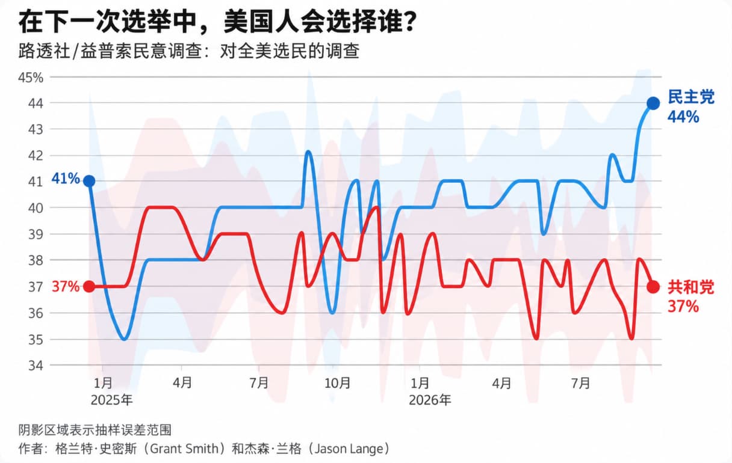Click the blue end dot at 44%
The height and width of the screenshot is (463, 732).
653,103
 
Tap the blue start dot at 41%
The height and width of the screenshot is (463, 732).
89,181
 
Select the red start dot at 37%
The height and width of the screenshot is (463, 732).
89,287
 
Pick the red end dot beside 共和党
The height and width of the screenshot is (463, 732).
653,287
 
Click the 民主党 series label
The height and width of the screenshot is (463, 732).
691,97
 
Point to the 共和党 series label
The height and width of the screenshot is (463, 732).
691,287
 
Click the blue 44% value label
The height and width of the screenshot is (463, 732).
683,117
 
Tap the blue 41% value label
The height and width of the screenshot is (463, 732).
66,179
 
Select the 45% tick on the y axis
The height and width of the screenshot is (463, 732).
30,78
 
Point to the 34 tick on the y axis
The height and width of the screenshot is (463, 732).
36,366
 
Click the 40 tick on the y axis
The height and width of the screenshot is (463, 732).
36,207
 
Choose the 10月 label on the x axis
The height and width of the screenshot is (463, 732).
337,383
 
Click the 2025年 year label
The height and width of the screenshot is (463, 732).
111,400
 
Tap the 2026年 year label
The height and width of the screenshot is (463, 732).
430,400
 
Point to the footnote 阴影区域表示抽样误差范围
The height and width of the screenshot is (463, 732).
95,430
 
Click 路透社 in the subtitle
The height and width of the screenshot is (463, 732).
44,51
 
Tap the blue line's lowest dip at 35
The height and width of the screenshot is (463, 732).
124,339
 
